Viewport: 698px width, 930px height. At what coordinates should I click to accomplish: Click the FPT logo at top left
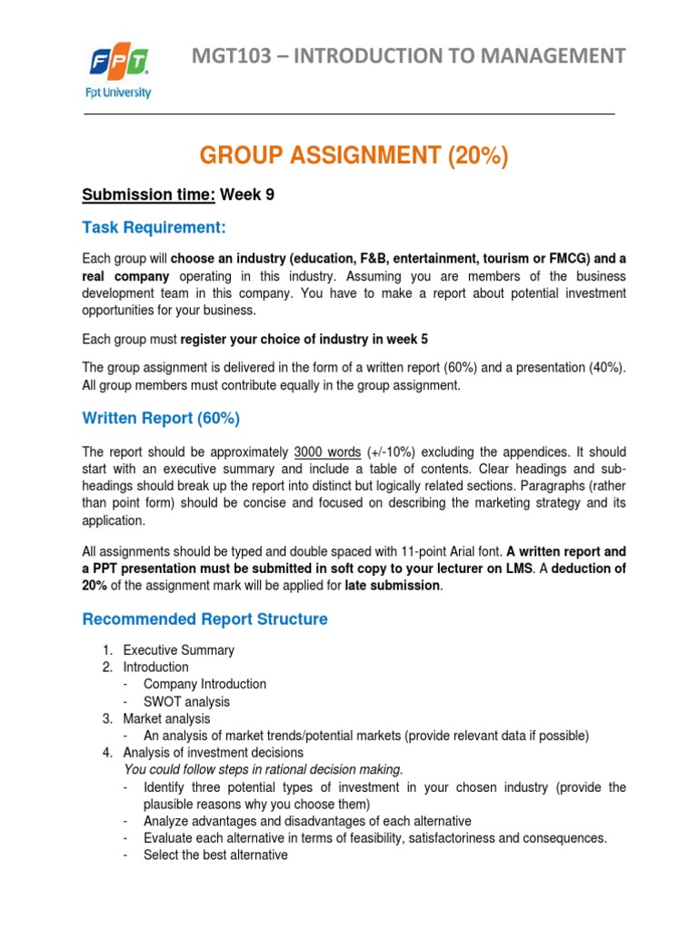coord(120,71)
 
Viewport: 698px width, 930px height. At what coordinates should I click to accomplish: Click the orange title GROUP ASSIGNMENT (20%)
coord(354,156)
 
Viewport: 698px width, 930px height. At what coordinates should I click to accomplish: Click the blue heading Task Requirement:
coord(154,226)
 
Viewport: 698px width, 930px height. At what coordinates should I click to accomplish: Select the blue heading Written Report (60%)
coord(161,419)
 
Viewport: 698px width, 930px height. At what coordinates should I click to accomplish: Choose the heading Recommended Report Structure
coord(204,619)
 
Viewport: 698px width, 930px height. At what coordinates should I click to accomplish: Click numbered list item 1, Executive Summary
coord(178,650)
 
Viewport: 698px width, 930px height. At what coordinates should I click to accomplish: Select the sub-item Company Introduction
coord(204,684)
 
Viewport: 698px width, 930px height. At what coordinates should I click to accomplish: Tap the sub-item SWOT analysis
coord(186,701)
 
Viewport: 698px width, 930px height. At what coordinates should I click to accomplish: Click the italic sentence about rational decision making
coord(262,769)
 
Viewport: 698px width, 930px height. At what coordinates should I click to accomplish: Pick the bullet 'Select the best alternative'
coord(215,855)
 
